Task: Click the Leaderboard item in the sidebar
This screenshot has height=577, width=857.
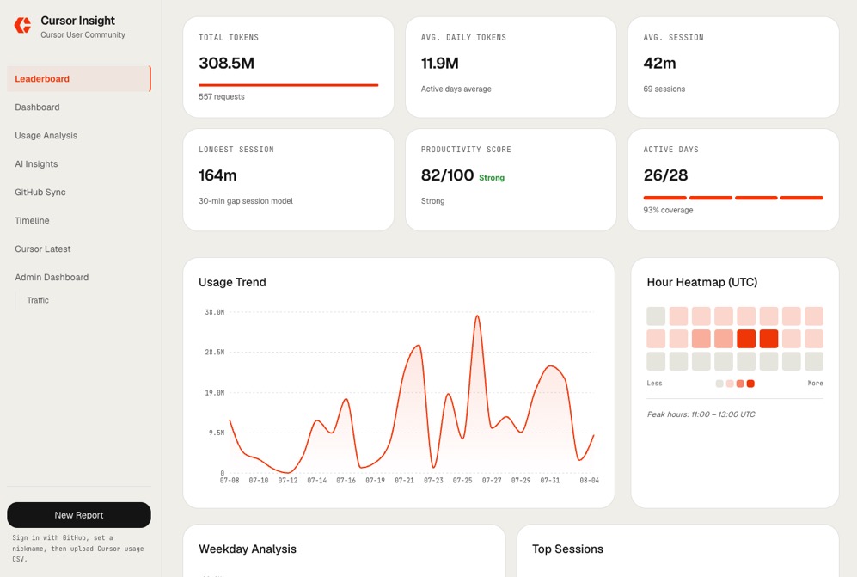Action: [42, 79]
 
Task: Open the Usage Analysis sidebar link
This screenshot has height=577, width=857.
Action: [46, 136]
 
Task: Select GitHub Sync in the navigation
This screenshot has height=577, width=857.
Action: [40, 193]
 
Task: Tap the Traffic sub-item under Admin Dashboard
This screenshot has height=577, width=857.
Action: [38, 300]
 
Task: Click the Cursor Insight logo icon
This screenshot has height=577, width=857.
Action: [22, 25]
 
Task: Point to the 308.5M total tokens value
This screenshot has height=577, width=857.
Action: [226, 64]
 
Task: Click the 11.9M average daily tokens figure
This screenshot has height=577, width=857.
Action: [439, 64]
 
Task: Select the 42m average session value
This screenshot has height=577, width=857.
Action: [659, 64]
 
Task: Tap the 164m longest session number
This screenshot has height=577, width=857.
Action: [217, 175]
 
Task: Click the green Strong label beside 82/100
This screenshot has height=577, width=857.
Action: [492, 178]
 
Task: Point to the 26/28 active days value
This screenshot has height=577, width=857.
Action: [665, 175]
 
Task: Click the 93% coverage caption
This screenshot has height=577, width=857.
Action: [668, 210]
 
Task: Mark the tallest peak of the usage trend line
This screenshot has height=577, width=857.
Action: [477, 316]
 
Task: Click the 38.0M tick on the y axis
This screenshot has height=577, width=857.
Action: [214, 312]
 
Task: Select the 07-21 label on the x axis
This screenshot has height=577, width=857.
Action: [404, 480]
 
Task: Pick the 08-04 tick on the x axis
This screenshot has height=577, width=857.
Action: [589, 480]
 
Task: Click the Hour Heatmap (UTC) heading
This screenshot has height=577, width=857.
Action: [701, 282]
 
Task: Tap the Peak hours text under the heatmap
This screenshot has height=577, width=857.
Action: [701, 414]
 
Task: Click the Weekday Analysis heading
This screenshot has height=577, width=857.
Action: [248, 549]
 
